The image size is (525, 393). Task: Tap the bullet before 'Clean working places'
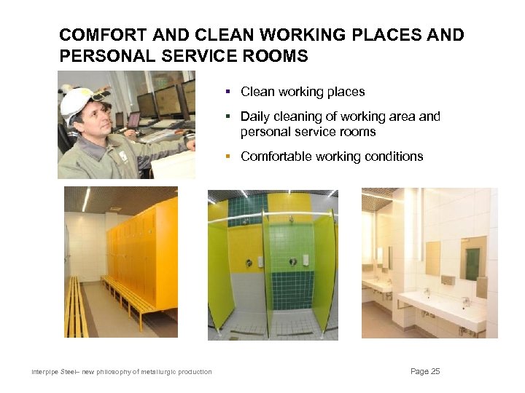pyautogui.click(x=227, y=92)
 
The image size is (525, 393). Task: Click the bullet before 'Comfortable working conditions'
pyautogui.click(x=227, y=156)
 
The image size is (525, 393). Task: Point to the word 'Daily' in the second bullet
pyautogui.click(x=254, y=116)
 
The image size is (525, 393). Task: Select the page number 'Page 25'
pyautogui.click(x=425, y=372)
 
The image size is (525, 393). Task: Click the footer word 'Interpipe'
pyautogui.click(x=44, y=373)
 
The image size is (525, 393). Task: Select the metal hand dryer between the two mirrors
pyautogui.click(x=448, y=279)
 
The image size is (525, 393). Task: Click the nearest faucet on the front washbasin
pyautogui.click(x=464, y=301)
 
